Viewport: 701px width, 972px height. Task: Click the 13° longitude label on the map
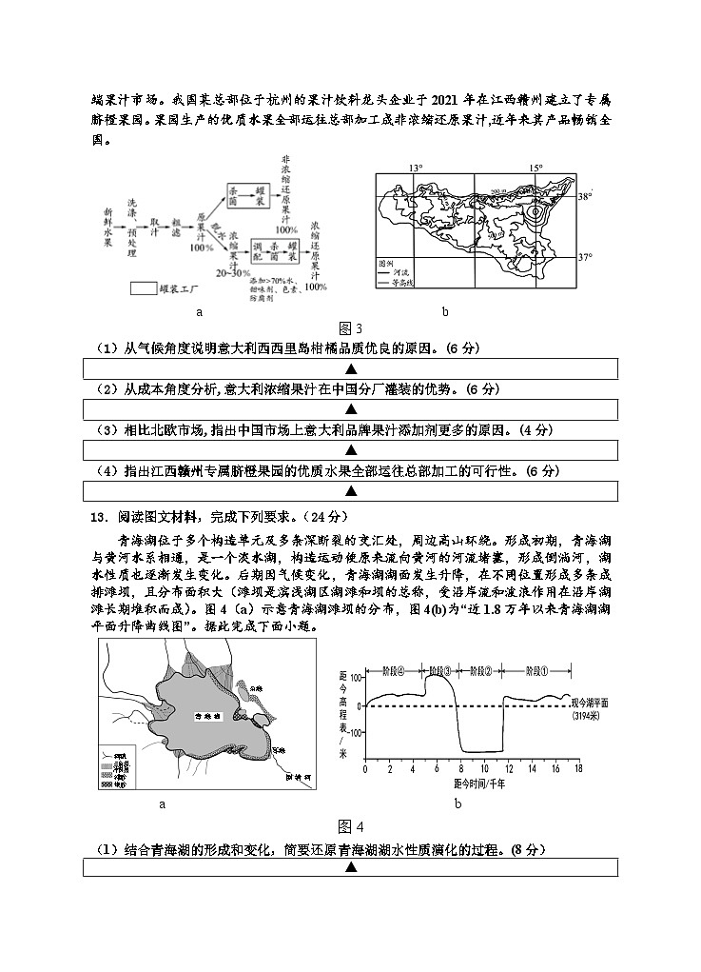pos(416,168)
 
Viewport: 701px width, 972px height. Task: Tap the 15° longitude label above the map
pos(535,168)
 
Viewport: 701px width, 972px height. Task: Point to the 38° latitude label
pos(586,197)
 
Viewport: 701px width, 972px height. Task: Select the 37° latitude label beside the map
pos(586,257)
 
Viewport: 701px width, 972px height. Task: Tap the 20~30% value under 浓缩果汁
pos(233,272)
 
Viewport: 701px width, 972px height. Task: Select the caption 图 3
pos(351,329)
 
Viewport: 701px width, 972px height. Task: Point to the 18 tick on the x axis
pos(577,768)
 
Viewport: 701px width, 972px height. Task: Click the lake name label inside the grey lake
pos(204,714)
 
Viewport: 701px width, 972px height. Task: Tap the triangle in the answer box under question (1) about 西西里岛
pos(350,368)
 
